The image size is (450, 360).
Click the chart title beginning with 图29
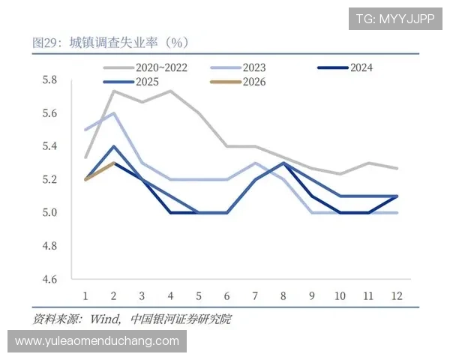click(109, 41)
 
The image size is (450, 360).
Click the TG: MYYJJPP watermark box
click(394, 19)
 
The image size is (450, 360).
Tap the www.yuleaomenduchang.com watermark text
click(97, 341)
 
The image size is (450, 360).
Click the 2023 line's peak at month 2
click(113, 113)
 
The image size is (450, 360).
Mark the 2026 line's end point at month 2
click(113, 163)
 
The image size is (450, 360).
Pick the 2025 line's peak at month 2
click(113, 146)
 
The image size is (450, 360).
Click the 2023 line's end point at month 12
click(396, 212)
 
